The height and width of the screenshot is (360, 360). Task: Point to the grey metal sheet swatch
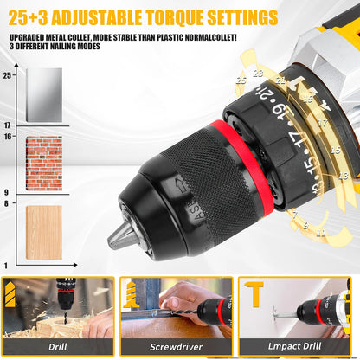coord(43,97)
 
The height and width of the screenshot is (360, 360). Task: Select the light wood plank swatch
coord(43,232)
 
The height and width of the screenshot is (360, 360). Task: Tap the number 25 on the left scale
coord(8,76)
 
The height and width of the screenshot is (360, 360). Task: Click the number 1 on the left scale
coord(7,264)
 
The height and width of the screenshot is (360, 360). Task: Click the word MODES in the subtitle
coord(86,46)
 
